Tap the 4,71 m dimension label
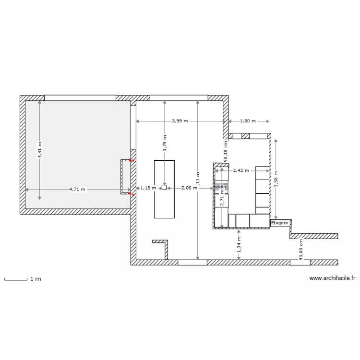click(77, 189)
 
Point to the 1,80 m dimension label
click(248, 121)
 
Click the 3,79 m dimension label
click(164, 145)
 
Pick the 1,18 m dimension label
click(148, 188)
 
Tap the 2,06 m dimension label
click(189, 188)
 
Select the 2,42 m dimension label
click(241, 170)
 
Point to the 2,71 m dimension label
click(221, 200)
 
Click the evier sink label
click(221, 186)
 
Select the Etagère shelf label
click(280, 223)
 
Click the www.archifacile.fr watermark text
click(332, 277)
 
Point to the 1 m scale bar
click(15, 279)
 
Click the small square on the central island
click(164, 188)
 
